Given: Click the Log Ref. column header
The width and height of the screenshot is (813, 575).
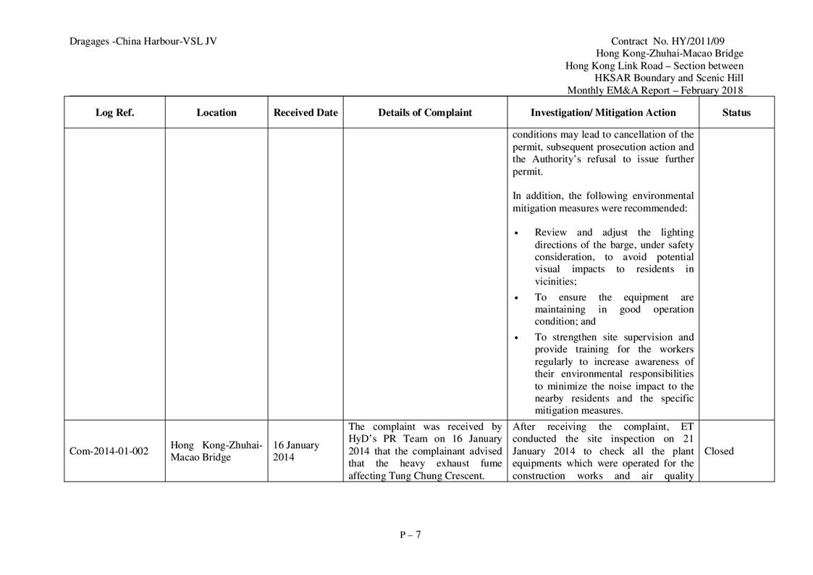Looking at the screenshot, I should (x=114, y=113).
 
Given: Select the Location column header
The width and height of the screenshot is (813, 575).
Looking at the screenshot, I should (x=216, y=113).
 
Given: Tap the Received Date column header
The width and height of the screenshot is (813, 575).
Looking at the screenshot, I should (x=306, y=113).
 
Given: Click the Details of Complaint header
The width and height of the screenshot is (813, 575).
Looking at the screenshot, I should (x=425, y=113).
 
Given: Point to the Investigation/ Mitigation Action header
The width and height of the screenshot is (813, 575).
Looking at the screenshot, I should (x=603, y=113).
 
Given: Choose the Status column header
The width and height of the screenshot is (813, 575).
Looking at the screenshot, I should (x=736, y=113).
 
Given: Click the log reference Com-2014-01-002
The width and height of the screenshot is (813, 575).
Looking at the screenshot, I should (x=109, y=451).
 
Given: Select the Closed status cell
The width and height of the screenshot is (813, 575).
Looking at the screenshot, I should (x=719, y=451).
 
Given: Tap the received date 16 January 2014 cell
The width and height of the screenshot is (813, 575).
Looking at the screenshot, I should (x=296, y=451).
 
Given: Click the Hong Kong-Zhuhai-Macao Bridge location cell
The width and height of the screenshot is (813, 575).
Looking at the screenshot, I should (x=216, y=451).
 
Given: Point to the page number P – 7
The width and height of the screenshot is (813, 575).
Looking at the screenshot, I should (x=410, y=535).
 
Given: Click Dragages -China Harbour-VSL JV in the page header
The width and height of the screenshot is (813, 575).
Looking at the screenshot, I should (x=143, y=41).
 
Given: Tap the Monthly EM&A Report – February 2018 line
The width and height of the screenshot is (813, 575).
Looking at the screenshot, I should (x=655, y=91).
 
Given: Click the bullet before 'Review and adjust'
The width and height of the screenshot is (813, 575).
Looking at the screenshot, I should (x=515, y=233).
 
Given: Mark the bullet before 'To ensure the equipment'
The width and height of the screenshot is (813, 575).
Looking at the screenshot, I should (x=515, y=298).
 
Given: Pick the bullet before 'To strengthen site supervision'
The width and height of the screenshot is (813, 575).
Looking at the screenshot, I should (x=515, y=337).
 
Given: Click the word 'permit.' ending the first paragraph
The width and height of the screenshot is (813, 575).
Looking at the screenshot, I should (x=527, y=172).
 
